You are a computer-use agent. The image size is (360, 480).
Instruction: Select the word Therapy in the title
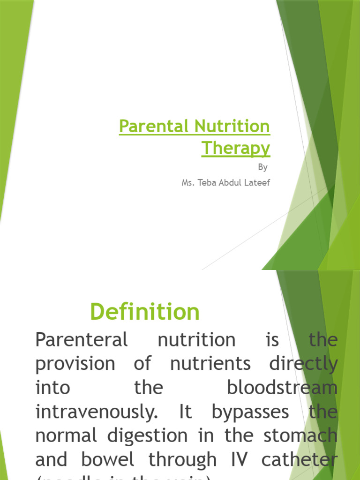pyautogui.click(x=236, y=148)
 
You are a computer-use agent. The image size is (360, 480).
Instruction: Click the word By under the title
pyautogui.click(x=262, y=167)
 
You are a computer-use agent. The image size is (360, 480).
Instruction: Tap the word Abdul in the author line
pyautogui.click(x=231, y=182)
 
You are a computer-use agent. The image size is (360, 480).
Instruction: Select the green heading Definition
pyautogui.click(x=145, y=312)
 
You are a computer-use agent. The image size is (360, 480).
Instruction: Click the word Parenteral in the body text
pyautogui.click(x=82, y=340)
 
